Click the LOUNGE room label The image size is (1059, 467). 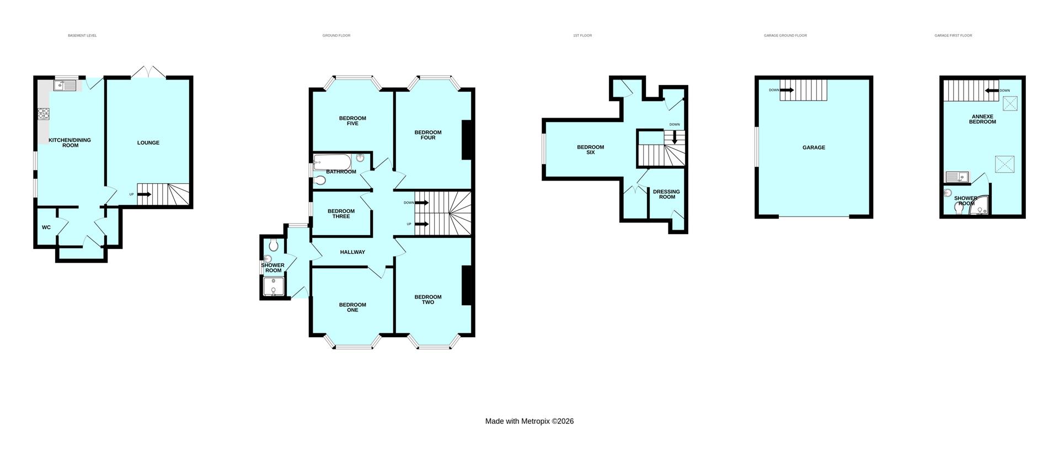(148, 143)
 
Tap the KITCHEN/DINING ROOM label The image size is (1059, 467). (69, 142)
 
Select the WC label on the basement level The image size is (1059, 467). (46, 227)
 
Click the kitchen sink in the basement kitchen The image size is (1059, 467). (65, 85)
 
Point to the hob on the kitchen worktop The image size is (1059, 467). (44, 114)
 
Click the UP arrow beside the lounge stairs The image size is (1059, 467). (143, 194)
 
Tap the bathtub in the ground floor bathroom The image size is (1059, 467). (331, 162)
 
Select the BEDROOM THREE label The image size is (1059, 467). (341, 214)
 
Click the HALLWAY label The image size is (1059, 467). (352, 252)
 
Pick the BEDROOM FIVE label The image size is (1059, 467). (352, 120)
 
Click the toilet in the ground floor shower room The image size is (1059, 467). (274, 245)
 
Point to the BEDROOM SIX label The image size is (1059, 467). (590, 150)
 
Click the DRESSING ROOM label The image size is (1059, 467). (666, 194)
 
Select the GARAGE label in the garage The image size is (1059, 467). (814, 147)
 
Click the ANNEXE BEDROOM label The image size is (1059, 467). (982, 119)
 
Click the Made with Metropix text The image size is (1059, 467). (529, 421)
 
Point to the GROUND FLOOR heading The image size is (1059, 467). (336, 35)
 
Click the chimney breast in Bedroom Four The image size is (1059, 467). (466, 140)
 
